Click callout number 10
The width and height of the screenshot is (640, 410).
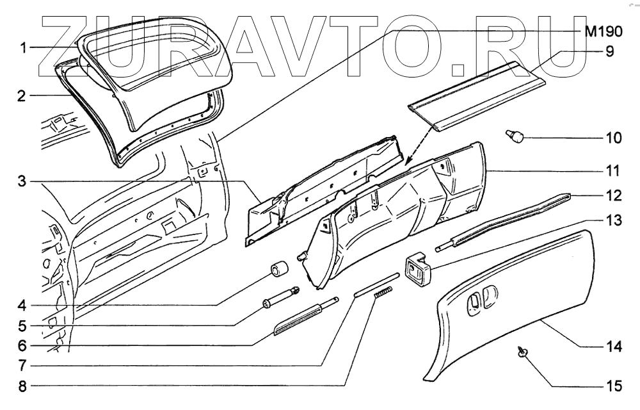pos(613,138)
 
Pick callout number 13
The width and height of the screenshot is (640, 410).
pos(613,220)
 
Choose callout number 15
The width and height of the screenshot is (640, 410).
pos(613,386)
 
